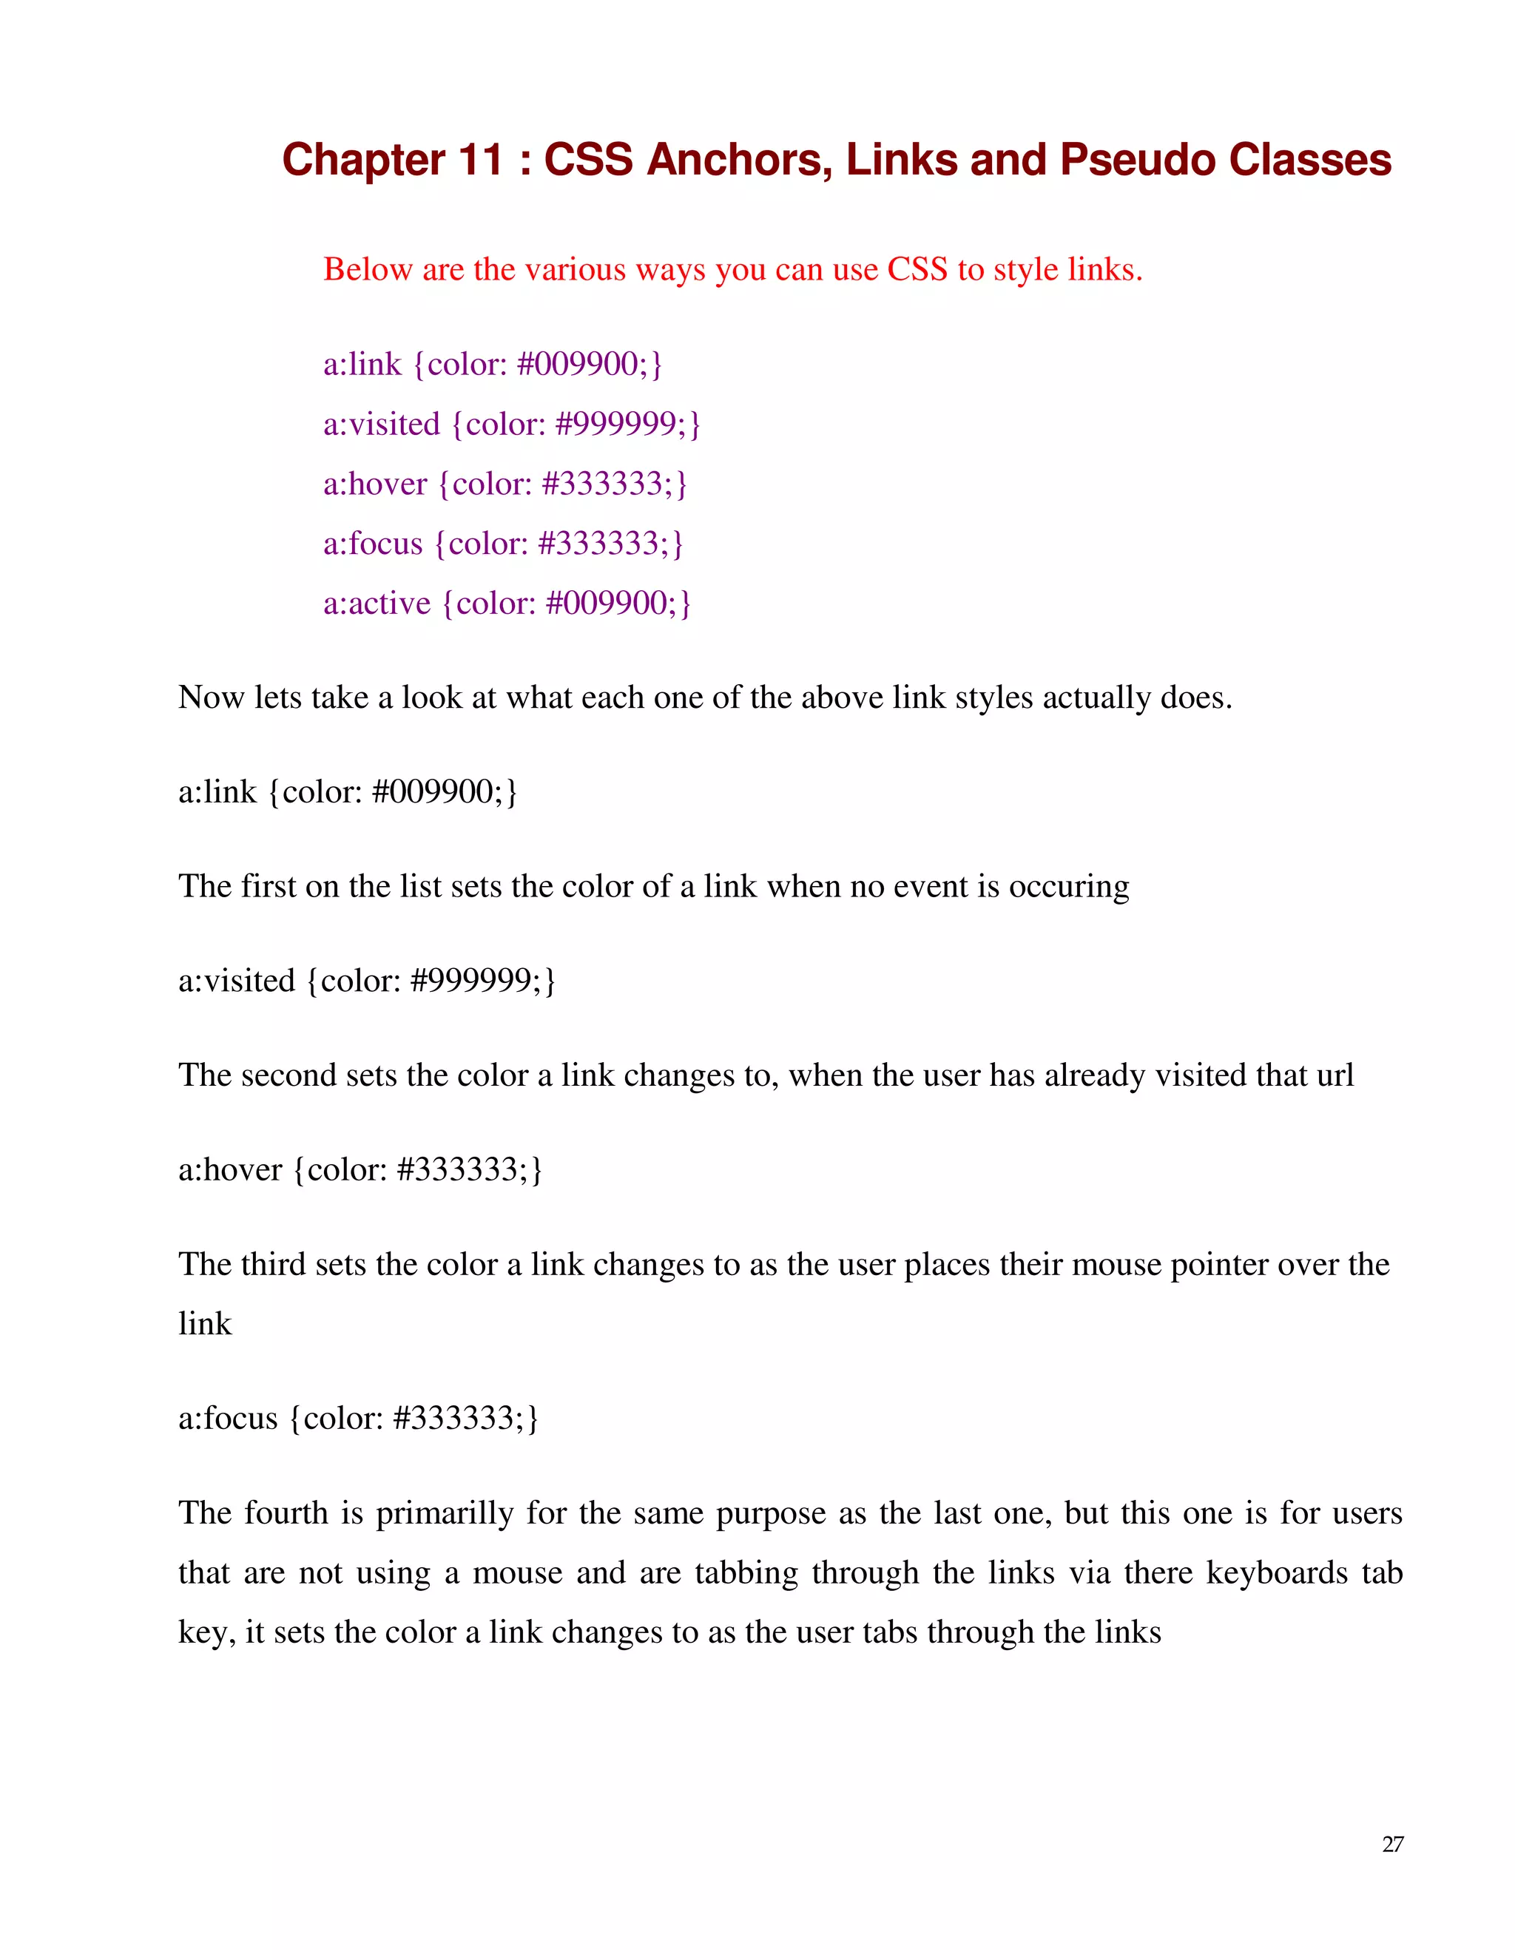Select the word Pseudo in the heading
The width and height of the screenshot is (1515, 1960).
1137,160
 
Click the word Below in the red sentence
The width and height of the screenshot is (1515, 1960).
367,269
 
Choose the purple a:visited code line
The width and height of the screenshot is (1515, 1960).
512,424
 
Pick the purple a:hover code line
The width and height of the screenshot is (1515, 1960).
505,484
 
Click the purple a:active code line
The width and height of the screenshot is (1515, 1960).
507,603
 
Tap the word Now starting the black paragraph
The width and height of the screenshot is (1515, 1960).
211,697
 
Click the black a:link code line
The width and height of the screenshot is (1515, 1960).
348,791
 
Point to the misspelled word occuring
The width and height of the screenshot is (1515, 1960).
1069,887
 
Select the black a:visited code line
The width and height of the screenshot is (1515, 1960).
367,980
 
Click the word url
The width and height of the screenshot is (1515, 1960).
1335,1075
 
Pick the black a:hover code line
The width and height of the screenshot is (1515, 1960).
361,1169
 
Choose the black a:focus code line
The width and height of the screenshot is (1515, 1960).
359,1418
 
